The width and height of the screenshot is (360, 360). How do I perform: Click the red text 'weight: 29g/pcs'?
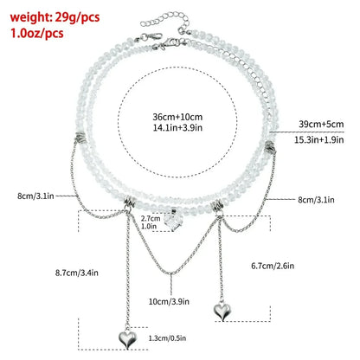[x=55, y=17]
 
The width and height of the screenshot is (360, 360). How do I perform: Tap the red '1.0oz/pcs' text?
[x=37, y=33]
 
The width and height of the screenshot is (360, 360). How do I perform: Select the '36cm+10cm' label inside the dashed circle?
[x=177, y=117]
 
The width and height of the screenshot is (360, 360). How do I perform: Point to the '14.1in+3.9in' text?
[x=177, y=127]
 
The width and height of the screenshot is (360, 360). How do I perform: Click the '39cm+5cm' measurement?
[x=321, y=124]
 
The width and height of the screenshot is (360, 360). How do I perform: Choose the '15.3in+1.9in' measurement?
[x=319, y=139]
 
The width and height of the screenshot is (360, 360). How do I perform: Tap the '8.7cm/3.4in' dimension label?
[x=77, y=273]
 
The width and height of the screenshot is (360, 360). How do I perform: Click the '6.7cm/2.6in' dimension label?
[x=273, y=266]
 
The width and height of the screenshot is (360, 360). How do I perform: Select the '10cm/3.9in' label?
[x=169, y=302]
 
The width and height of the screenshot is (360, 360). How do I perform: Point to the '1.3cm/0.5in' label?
[x=167, y=338]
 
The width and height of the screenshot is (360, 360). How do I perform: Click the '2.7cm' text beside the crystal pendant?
[x=151, y=218]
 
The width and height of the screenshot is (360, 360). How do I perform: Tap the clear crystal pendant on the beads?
[x=173, y=222]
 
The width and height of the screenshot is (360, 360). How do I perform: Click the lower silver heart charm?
[x=128, y=339]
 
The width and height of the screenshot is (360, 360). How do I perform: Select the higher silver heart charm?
[x=222, y=310]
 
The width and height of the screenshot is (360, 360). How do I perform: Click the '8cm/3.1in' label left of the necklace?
[x=35, y=196]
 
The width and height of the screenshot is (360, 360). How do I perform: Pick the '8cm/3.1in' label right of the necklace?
[x=316, y=200]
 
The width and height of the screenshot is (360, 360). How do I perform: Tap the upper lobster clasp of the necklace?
[x=151, y=37]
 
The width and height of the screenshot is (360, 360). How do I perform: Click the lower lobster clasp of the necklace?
[x=170, y=43]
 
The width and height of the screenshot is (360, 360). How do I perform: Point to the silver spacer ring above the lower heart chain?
[x=130, y=201]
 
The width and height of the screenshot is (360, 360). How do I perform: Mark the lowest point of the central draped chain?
[x=171, y=273]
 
